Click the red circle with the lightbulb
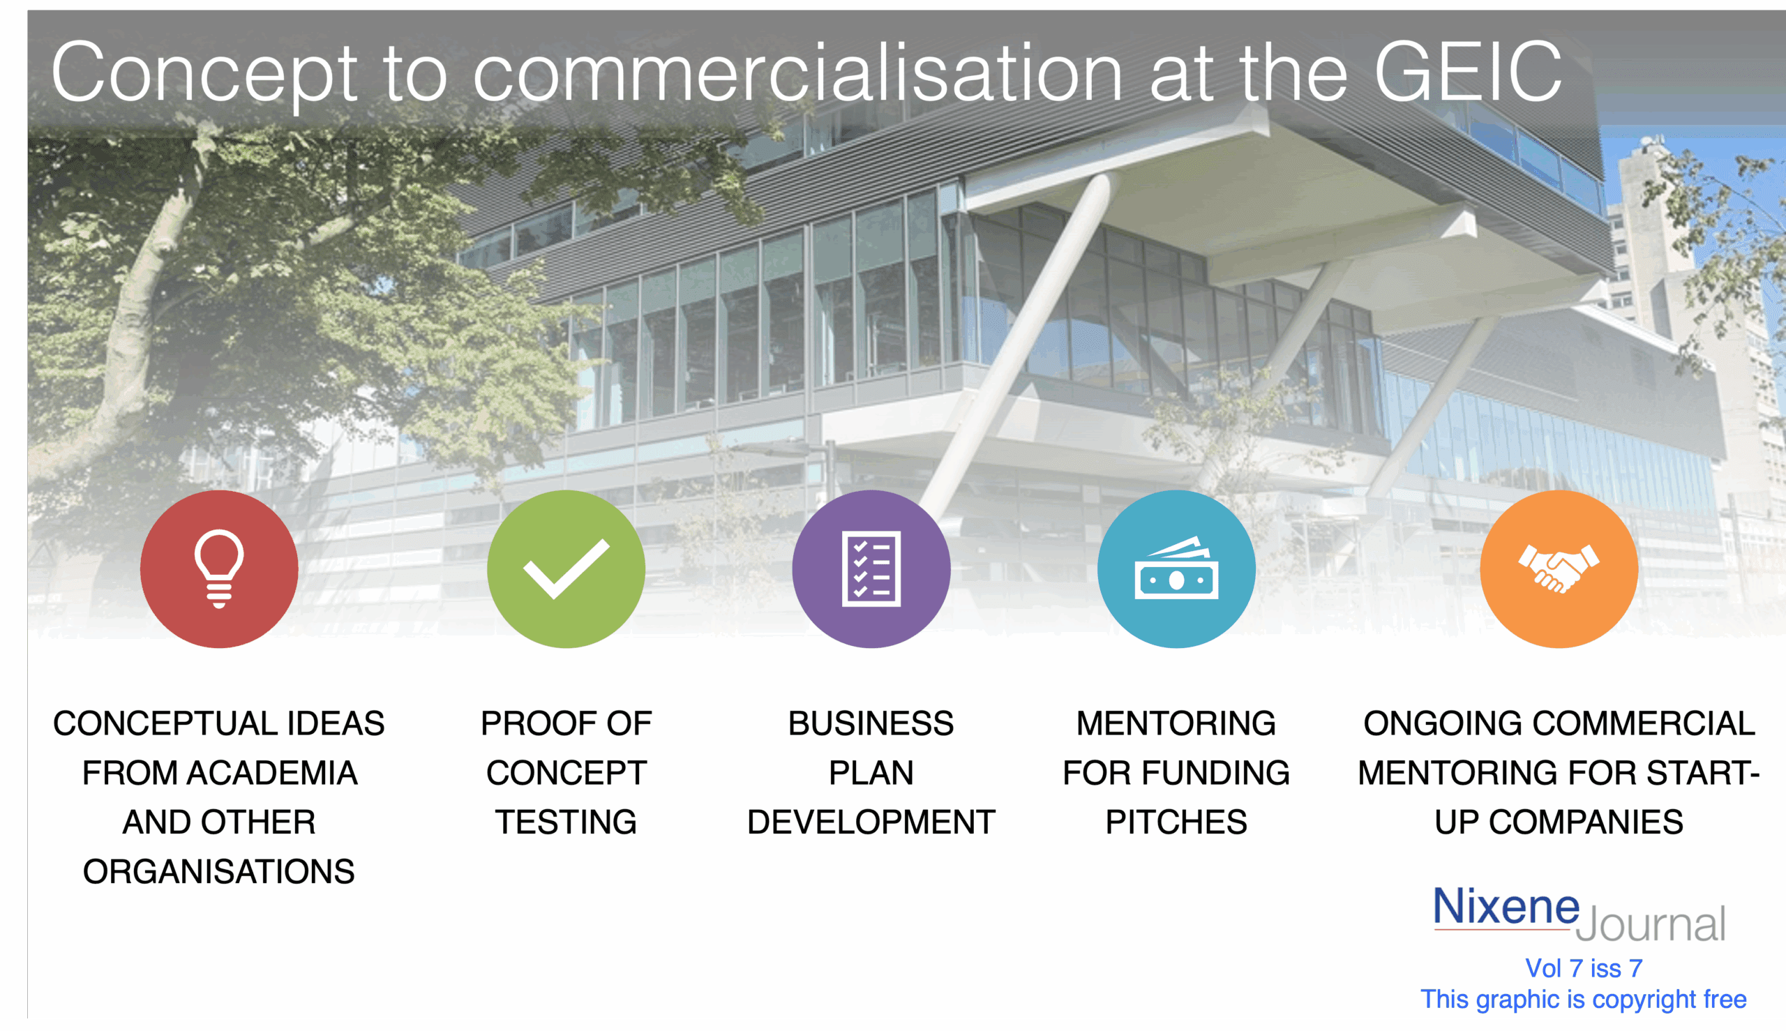(219, 569)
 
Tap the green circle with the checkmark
(566, 569)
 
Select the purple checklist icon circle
(871, 569)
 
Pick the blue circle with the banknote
(1176, 569)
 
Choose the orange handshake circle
(1559, 569)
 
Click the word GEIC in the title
(1468, 73)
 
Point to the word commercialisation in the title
(797, 73)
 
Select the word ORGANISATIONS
(219, 872)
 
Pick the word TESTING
(566, 822)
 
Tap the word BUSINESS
(871, 723)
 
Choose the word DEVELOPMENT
(871, 822)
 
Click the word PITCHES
(1176, 822)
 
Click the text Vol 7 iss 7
(1584, 968)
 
